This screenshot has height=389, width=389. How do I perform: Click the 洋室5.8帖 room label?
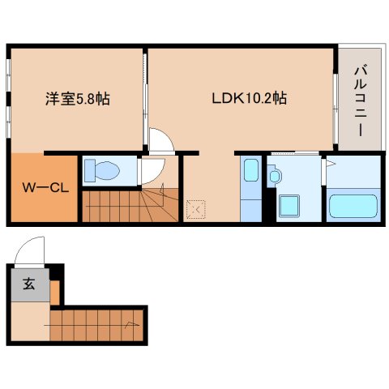78,99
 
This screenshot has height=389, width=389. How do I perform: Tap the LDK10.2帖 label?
249,98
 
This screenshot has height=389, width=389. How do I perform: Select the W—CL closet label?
45,188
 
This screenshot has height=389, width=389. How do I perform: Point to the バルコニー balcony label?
361,101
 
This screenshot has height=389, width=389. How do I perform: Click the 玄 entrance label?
29,284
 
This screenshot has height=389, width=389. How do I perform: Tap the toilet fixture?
102,170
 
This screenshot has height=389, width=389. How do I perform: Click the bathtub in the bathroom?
353,206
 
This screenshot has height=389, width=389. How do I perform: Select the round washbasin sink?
275,176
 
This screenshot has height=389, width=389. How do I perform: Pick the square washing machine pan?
289,205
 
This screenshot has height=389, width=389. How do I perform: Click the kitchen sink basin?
251,170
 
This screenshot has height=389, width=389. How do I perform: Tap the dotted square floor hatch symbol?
196,209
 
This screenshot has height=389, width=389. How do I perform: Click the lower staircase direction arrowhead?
132,324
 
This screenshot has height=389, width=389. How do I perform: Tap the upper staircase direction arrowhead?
162,189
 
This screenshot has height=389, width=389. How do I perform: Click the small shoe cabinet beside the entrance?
54,293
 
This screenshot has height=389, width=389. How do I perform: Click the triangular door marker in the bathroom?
331,164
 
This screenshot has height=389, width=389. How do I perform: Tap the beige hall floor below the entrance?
30,321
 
